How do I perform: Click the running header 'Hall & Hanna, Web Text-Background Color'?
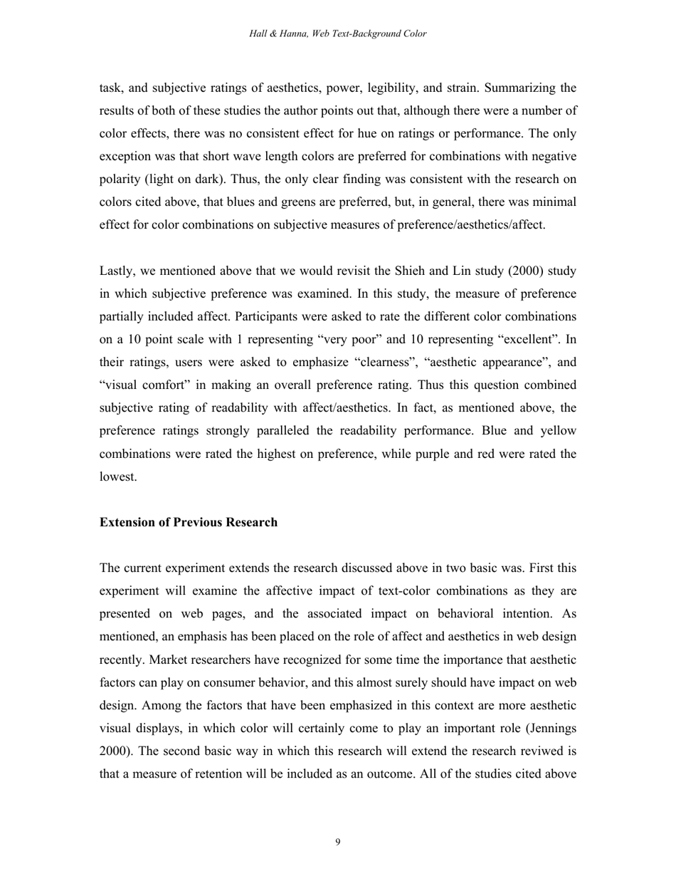[x=338, y=33]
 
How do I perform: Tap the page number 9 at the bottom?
[x=338, y=843]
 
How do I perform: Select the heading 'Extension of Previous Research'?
[x=189, y=523]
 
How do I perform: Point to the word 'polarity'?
[x=120, y=179]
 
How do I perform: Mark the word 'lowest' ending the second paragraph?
[x=117, y=476]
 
